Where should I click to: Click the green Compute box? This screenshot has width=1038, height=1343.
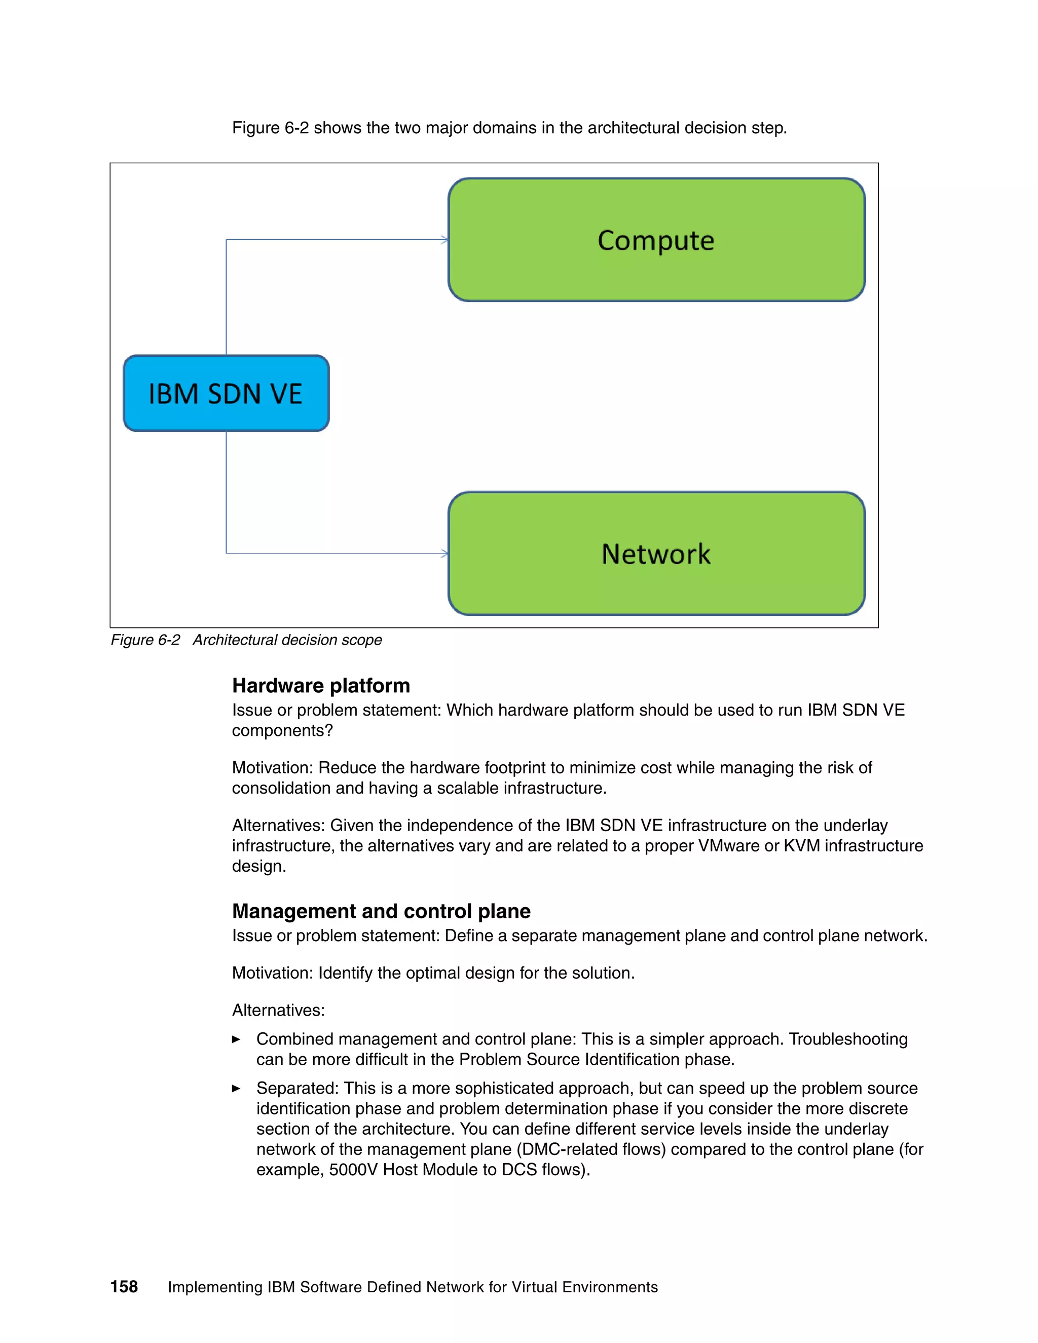[656, 240]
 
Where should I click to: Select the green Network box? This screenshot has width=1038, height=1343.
[656, 553]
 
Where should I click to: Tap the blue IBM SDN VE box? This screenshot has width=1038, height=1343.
[226, 394]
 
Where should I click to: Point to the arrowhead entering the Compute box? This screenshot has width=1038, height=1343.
[444, 240]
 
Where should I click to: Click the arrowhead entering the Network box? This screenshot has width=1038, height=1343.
[444, 553]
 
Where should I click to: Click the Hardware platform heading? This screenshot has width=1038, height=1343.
[320, 686]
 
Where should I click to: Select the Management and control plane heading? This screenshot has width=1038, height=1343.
[381, 911]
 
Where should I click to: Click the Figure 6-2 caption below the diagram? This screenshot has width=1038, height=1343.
[246, 640]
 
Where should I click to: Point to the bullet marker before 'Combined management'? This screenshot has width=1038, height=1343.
[236, 1039]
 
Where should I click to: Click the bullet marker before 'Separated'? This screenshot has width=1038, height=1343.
[236, 1089]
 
